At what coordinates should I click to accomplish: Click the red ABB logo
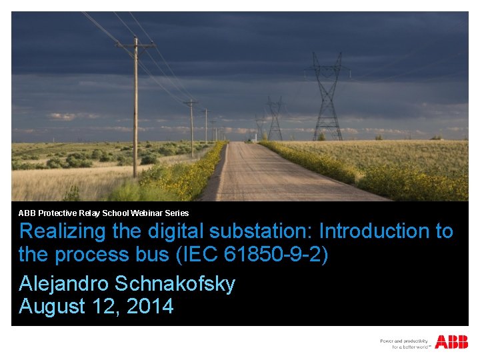coord(451,342)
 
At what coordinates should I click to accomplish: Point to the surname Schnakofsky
coord(175,284)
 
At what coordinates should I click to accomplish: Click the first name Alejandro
coord(64,284)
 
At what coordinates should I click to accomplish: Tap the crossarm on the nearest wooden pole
coord(136,46)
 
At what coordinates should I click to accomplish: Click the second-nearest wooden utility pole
coord(192,127)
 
